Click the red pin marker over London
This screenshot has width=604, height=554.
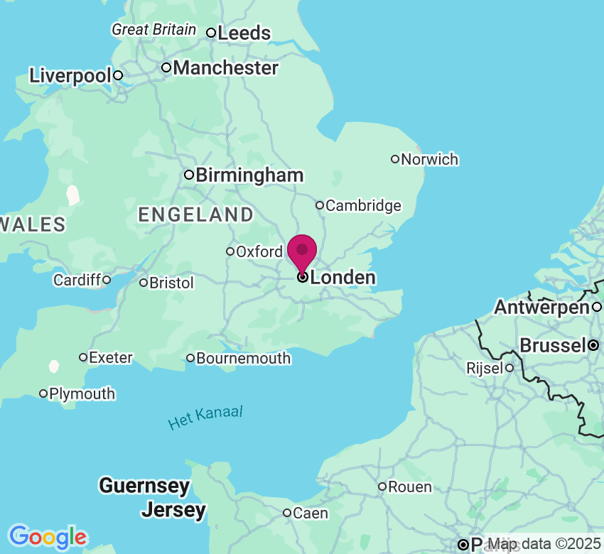[303, 251]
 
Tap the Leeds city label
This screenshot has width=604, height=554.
[244, 33]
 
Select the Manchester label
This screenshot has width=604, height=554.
[225, 68]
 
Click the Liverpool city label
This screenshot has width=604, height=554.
[70, 76]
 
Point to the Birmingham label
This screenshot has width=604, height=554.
[249, 175]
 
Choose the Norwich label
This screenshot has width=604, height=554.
[429, 159]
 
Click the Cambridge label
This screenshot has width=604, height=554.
[363, 206]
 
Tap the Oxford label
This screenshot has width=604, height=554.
[259, 251]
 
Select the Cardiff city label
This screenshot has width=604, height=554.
[77, 281]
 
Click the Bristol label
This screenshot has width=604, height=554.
[171, 283]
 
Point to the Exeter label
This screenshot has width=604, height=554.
[111, 357]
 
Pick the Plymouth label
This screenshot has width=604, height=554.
[82, 393]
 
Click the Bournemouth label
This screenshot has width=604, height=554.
[243, 359]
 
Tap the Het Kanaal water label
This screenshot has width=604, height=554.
[205, 418]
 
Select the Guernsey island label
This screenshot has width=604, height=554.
[144, 487]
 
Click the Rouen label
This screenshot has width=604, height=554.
[410, 487]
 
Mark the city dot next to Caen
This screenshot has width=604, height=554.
[287, 513]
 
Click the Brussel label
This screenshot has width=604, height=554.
[552, 346]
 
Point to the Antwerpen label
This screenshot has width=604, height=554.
[542, 308]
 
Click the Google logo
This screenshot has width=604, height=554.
[47, 537]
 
